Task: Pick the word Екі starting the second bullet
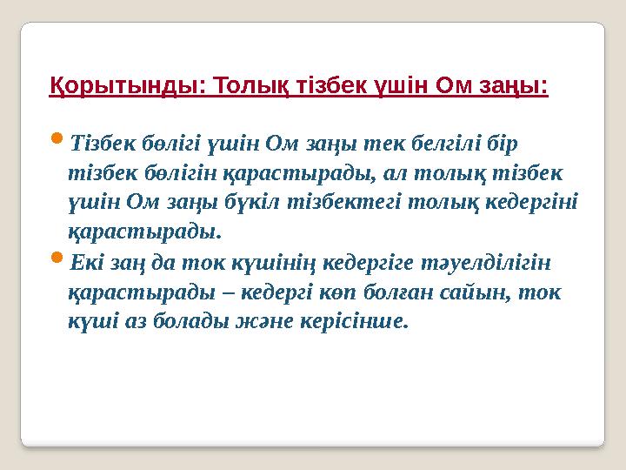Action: (87, 261)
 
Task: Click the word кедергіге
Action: (369, 261)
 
